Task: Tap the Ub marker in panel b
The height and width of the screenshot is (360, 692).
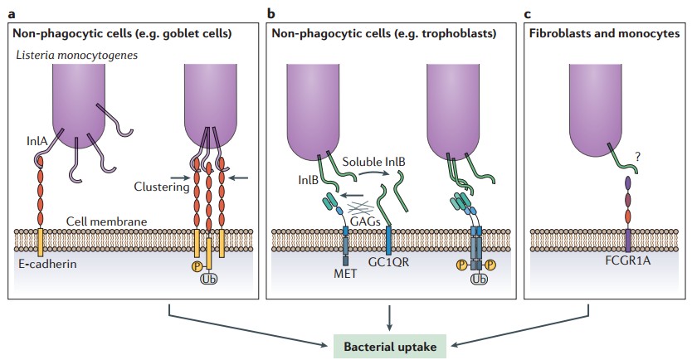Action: [x=479, y=280]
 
